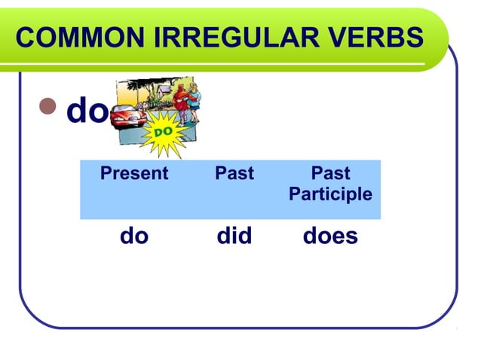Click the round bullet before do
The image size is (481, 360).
[51, 111]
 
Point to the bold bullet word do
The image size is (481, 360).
[87, 111]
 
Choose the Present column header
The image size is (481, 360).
[134, 174]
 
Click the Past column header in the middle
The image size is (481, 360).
[234, 174]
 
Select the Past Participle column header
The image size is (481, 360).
[330, 184]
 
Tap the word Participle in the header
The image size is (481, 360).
[330, 194]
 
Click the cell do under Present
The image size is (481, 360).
[134, 236]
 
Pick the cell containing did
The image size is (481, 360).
[234, 236]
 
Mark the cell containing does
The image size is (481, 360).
[330, 236]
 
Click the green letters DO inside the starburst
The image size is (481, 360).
[164, 133]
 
